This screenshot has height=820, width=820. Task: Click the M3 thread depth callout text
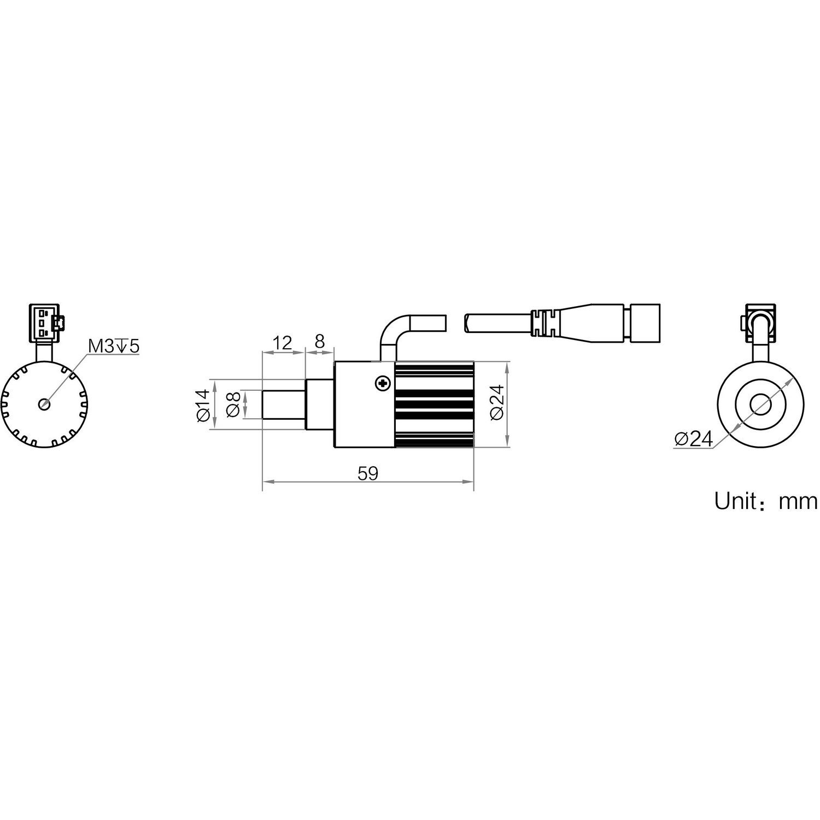(114, 345)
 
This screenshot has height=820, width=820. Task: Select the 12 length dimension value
(283, 343)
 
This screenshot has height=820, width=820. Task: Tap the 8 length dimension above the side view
(319, 342)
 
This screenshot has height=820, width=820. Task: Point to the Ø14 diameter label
(202, 405)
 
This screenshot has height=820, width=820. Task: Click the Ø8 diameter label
(233, 405)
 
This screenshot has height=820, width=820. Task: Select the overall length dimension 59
(368, 473)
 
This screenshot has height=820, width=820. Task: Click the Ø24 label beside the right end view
(694, 439)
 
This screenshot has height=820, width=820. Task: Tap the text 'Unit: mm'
(765, 501)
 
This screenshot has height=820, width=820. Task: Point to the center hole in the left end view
(44, 404)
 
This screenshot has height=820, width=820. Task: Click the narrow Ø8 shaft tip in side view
(283, 405)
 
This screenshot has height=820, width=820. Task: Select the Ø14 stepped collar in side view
(319, 405)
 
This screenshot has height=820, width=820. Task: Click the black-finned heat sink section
(434, 405)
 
